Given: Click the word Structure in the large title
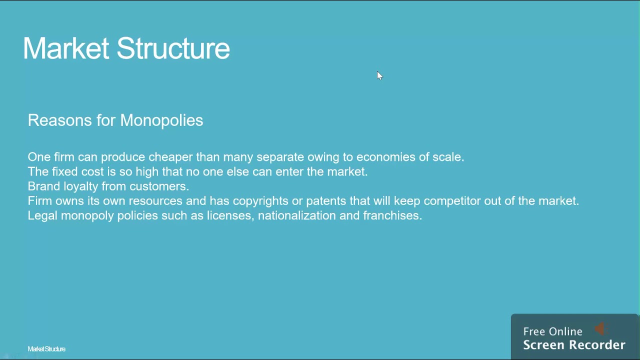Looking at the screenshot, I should (173, 48).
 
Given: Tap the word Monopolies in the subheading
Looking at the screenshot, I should (161, 120).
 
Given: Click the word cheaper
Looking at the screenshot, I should (170, 157).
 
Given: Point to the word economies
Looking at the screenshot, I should (385, 157).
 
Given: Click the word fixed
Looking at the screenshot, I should (65, 171).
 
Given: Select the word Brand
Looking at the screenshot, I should (43, 186).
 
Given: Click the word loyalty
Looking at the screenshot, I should (80, 186).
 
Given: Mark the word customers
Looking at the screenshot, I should (159, 186).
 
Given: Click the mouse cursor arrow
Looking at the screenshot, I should (379, 75).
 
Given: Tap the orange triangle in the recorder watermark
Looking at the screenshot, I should (600, 328).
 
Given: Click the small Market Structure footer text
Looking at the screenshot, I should (46, 349).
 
